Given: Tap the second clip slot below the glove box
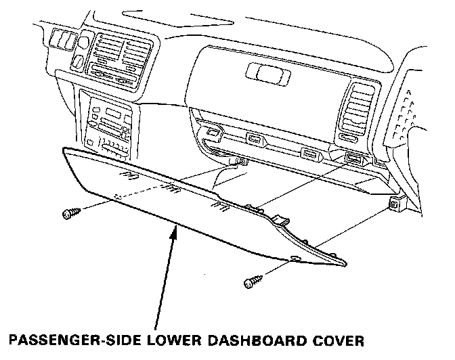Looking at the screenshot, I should click(x=257, y=139).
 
